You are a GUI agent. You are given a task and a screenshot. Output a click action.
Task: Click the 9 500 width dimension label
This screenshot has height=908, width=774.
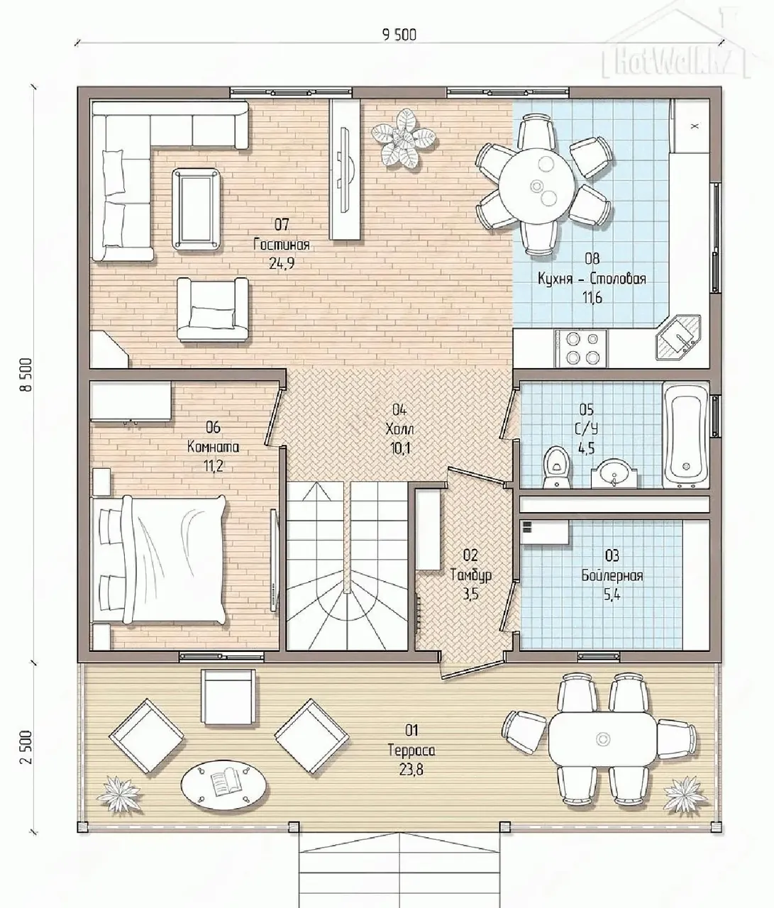pyautogui.click(x=399, y=34)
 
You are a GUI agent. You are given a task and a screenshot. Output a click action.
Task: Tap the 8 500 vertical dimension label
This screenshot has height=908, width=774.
pyautogui.click(x=26, y=375)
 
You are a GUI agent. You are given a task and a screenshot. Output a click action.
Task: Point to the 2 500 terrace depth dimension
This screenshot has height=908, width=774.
pyautogui.click(x=26, y=748)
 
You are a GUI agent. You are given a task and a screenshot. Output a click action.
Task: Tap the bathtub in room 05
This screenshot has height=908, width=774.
pyautogui.click(x=685, y=435)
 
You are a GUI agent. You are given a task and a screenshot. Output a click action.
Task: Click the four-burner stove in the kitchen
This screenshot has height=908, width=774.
pyautogui.click(x=582, y=348)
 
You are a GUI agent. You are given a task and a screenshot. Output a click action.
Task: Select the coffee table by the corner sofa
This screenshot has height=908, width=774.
pyautogui.click(x=196, y=209)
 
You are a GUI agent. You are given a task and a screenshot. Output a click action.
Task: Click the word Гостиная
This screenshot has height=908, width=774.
pyautogui.click(x=282, y=244)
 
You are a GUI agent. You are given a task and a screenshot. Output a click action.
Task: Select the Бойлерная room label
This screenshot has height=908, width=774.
pyautogui.click(x=612, y=575)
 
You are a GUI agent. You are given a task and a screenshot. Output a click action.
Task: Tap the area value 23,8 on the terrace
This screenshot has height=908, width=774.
pyautogui.click(x=411, y=770)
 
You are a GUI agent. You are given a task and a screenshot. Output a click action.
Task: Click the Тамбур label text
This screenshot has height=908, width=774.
pyautogui.click(x=471, y=575)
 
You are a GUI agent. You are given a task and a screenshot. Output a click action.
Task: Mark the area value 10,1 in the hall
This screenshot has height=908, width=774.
pyautogui.click(x=399, y=448)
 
